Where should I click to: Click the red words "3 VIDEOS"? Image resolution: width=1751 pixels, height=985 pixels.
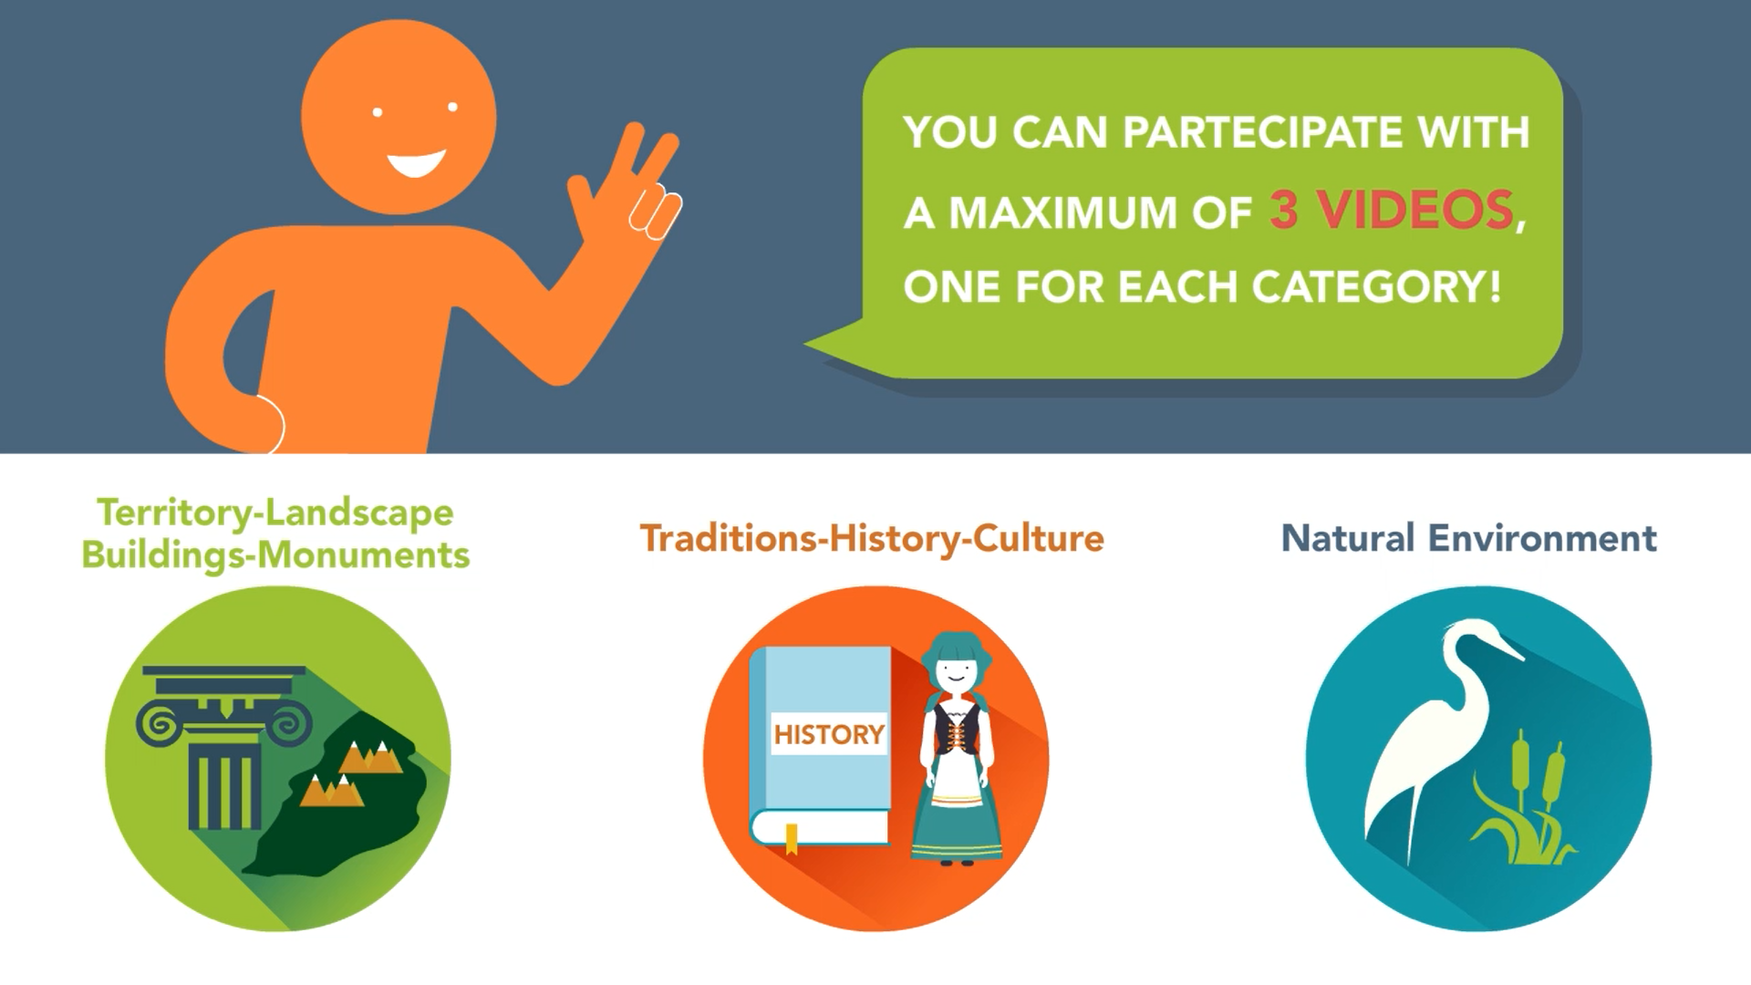coord(1392,211)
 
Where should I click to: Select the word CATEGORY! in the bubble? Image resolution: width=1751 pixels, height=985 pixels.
coord(1377,287)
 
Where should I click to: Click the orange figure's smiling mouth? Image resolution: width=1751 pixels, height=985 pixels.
coord(417,164)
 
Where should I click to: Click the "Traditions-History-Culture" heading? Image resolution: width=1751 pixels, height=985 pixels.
coord(872,539)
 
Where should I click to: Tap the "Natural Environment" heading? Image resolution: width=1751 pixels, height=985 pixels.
coord(1469,538)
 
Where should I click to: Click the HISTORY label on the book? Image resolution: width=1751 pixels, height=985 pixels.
coord(829,734)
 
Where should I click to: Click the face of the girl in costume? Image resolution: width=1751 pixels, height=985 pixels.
coord(955,673)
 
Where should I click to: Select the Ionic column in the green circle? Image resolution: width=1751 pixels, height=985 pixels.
coord(223,747)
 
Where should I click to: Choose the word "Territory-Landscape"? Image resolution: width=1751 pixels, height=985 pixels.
coord(275,513)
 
